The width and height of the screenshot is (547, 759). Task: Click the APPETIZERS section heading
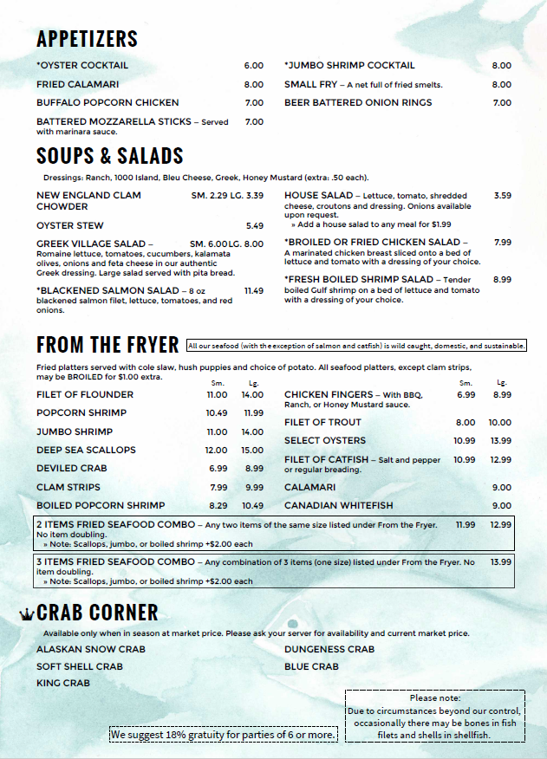[87, 39]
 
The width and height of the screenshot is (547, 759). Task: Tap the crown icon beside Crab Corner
[27, 614]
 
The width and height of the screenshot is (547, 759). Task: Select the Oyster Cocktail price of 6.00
[253, 66]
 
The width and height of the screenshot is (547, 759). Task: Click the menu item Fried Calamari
[77, 85]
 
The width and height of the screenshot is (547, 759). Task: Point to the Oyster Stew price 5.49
[254, 226]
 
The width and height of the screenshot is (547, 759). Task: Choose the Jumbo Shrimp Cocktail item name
[349, 66]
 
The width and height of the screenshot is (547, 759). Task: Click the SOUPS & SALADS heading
[110, 156]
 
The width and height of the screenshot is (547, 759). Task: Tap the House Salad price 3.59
[502, 196]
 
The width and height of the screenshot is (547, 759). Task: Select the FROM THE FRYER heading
[107, 345]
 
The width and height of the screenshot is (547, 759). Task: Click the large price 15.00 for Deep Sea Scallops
[252, 451]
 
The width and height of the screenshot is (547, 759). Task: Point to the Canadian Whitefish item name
[338, 506]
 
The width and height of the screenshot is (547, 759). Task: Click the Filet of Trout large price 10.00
[500, 423]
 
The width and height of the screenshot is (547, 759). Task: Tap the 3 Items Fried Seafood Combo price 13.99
[500, 562]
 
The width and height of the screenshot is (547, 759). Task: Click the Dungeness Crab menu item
[329, 649]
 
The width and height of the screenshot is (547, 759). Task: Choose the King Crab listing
[63, 684]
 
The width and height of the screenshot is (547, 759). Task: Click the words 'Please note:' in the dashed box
[435, 697]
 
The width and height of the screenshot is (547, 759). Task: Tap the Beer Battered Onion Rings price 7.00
[502, 103]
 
